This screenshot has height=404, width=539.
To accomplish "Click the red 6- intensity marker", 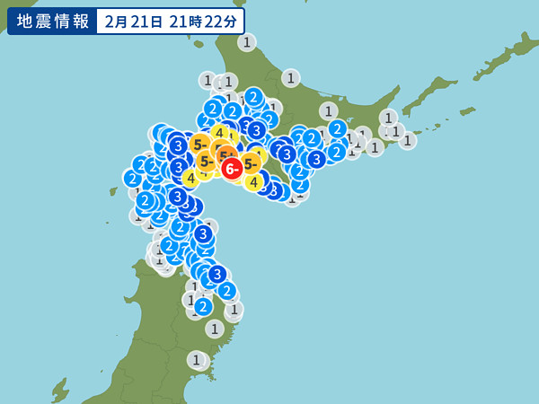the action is coord(232,169).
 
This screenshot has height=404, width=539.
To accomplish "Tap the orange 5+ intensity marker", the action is coord(222,155).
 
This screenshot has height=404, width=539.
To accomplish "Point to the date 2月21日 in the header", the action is coord(135,21).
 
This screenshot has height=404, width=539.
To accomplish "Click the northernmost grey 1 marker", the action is coord(247,41).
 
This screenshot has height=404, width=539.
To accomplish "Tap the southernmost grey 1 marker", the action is coord(196,360).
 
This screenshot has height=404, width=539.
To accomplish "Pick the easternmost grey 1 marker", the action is coord(407,140).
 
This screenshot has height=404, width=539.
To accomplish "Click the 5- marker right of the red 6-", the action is coord(251,163).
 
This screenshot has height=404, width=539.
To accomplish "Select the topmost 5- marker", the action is coord(199,143).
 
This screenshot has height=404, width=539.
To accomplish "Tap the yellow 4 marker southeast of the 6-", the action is coord(253,182).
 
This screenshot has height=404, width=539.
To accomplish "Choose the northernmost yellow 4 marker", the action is coord(218,133).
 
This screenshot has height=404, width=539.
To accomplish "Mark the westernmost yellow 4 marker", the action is coord(190,178).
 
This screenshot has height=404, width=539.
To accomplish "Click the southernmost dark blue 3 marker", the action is coord(216,274).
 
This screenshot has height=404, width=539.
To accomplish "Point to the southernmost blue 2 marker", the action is coord(203,306).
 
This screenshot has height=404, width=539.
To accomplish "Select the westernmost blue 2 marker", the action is coord(132,178).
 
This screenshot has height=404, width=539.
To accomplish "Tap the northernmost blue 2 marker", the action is coord(253,96).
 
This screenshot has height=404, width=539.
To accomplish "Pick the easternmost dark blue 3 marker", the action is coord(316,159).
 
